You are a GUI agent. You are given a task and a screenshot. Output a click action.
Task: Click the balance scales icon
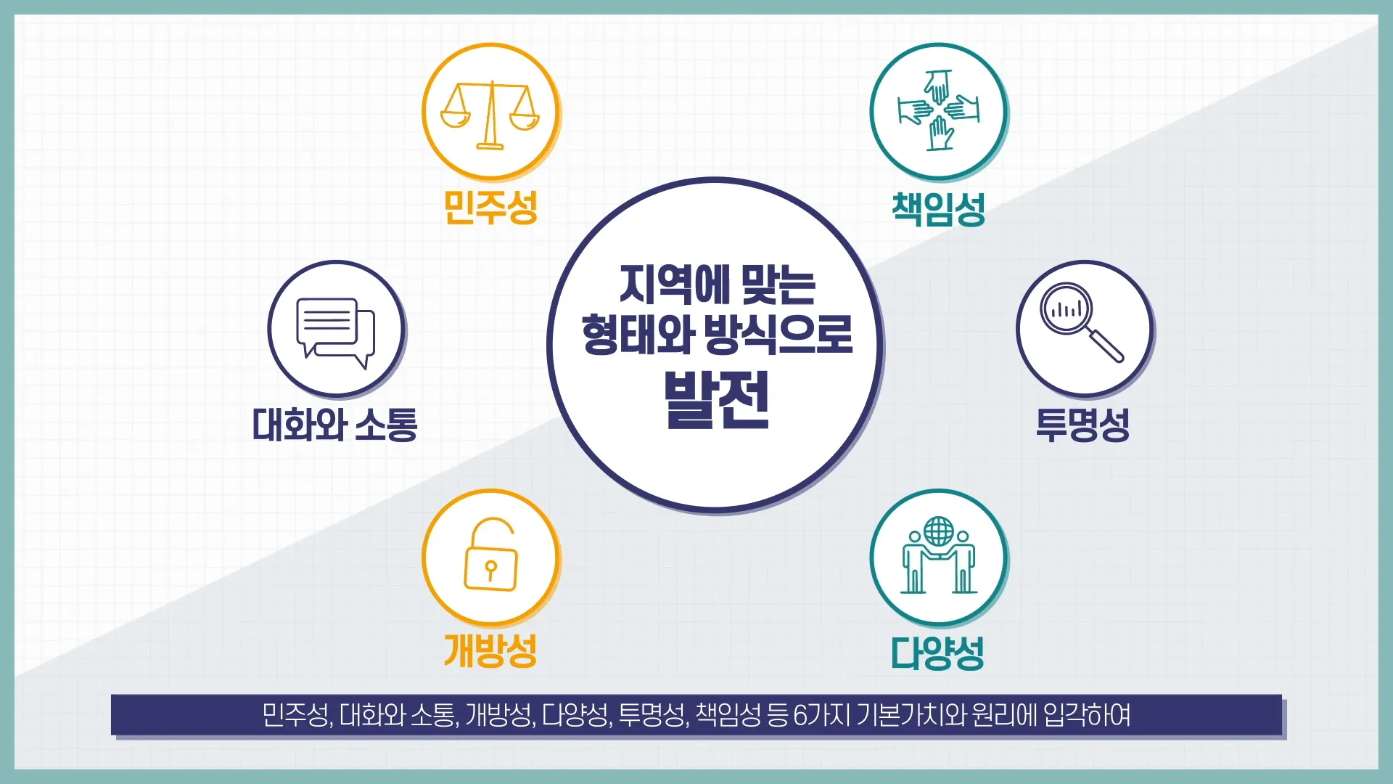(x=490, y=115)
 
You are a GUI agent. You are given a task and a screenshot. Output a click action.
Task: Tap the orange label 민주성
(x=490, y=208)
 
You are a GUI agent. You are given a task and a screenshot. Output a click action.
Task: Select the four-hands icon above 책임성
(x=939, y=110)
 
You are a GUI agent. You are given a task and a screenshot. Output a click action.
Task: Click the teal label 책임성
(x=939, y=209)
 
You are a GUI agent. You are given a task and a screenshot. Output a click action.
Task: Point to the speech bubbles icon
(x=335, y=332)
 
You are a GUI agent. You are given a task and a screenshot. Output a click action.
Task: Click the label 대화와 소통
(x=335, y=425)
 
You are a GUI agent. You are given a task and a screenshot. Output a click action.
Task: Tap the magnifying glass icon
(x=1081, y=321)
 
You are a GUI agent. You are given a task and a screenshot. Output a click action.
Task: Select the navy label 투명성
(x=1082, y=425)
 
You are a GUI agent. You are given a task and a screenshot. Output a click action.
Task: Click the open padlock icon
(x=490, y=555)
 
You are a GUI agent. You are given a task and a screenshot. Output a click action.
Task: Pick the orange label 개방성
(x=490, y=650)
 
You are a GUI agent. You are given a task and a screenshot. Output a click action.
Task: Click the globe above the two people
(x=939, y=531)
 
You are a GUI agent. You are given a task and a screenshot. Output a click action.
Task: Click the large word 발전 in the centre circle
(x=716, y=400)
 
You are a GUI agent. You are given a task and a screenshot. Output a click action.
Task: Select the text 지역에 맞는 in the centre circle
(x=718, y=285)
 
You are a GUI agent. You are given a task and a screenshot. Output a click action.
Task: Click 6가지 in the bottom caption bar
(x=822, y=715)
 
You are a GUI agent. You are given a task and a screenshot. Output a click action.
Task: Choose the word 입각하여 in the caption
(x=1087, y=715)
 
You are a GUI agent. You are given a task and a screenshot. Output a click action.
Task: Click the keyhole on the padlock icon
(x=491, y=569)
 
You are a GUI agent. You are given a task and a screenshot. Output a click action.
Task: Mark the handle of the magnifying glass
(x=1105, y=346)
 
